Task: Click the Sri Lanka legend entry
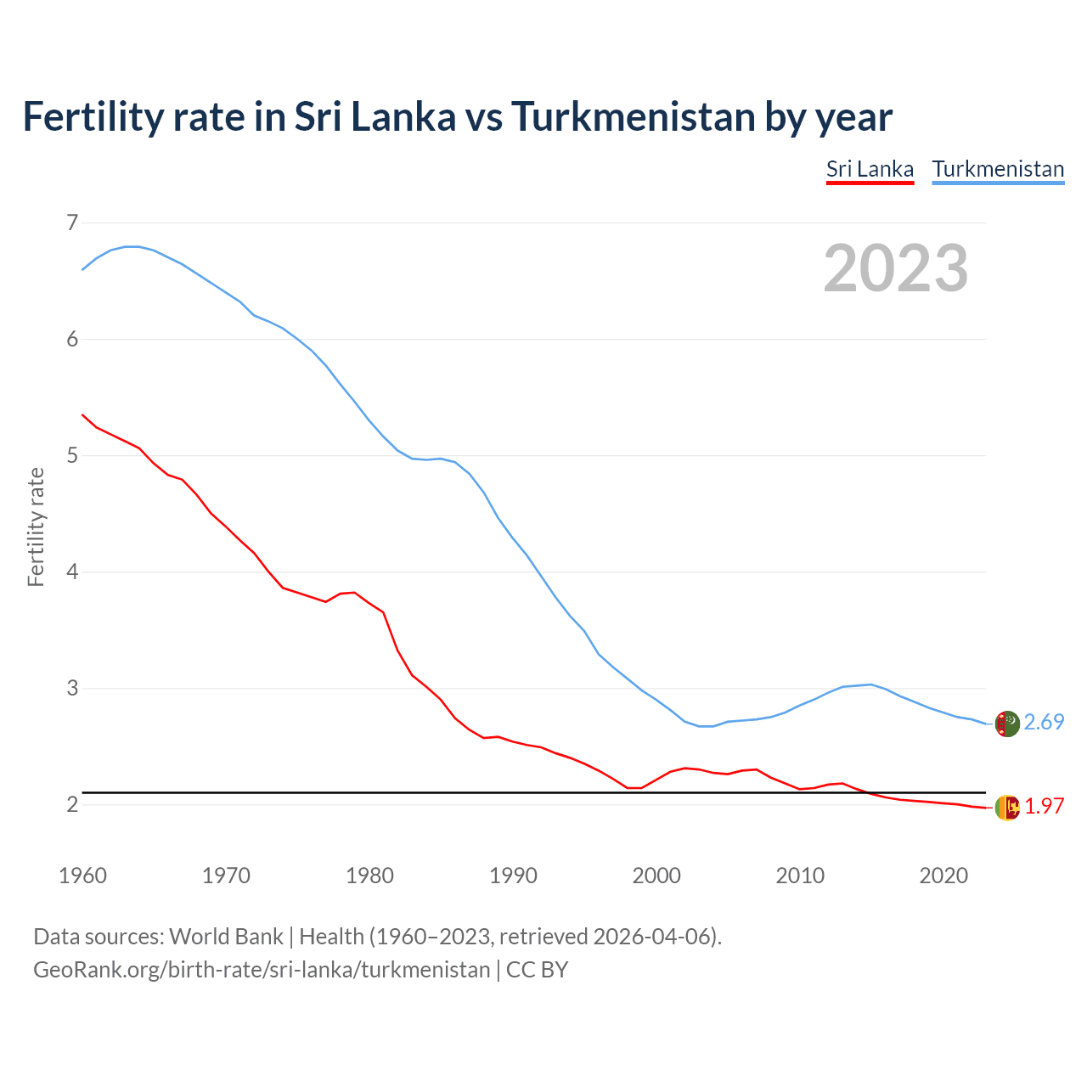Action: click(x=870, y=169)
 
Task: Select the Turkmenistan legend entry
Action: click(x=998, y=169)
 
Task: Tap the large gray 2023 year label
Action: click(x=896, y=268)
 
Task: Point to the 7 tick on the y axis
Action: click(x=71, y=222)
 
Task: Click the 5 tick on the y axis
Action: click(x=71, y=455)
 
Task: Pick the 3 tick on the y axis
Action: click(x=71, y=688)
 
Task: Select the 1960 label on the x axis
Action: click(x=82, y=876)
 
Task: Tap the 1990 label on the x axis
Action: click(x=513, y=876)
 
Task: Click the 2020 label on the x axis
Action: click(x=943, y=876)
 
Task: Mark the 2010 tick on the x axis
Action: click(x=800, y=876)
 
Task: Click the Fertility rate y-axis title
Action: click(x=36, y=527)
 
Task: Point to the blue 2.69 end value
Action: click(x=1044, y=722)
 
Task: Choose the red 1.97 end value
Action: click(x=1044, y=806)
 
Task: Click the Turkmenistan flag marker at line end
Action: click(x=1007, y=724)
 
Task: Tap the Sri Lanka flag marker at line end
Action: click(x=1007, y=808)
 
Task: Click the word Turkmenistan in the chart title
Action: click(x=633, y=116)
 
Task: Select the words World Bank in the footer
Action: click(x=226, y=937)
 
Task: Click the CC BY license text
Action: click(x=537, y=970)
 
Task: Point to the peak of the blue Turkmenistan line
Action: click(x=132, y=246)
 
